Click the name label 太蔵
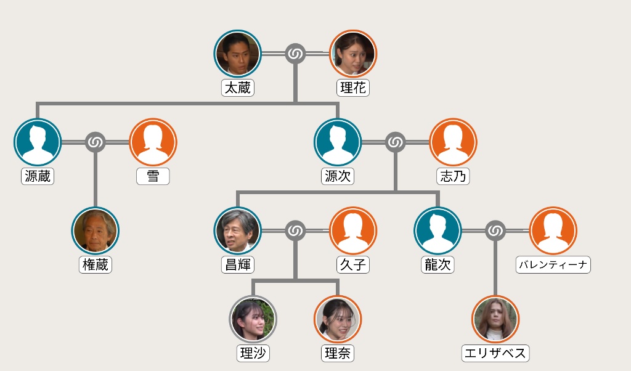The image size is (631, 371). pos(238,88)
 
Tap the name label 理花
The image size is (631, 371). pos(353,88)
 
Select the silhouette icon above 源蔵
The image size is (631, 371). pos(38,142)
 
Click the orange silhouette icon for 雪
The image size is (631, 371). pos(153,142)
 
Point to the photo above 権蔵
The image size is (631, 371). pos(96,230)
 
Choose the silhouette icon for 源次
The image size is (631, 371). pos(338,142)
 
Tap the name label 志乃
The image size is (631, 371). pos(453,176)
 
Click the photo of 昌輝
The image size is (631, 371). pos(238,230)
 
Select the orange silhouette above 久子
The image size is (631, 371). pos(353,230)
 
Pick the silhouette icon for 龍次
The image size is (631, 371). pos(438,230)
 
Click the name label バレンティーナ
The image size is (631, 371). pos(553,265)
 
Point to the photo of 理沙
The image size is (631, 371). pos(253,319)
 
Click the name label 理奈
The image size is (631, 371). pos(338,354)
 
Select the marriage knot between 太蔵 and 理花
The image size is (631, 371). pos(296,54)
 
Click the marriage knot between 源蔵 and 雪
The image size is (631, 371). pos(96,142)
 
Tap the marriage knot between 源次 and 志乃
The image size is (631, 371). pos(395,142)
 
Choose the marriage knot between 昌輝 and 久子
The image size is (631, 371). pos(296,231)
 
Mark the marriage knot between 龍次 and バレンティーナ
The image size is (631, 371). pos(495,231)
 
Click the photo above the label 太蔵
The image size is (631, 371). pos(238,54)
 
